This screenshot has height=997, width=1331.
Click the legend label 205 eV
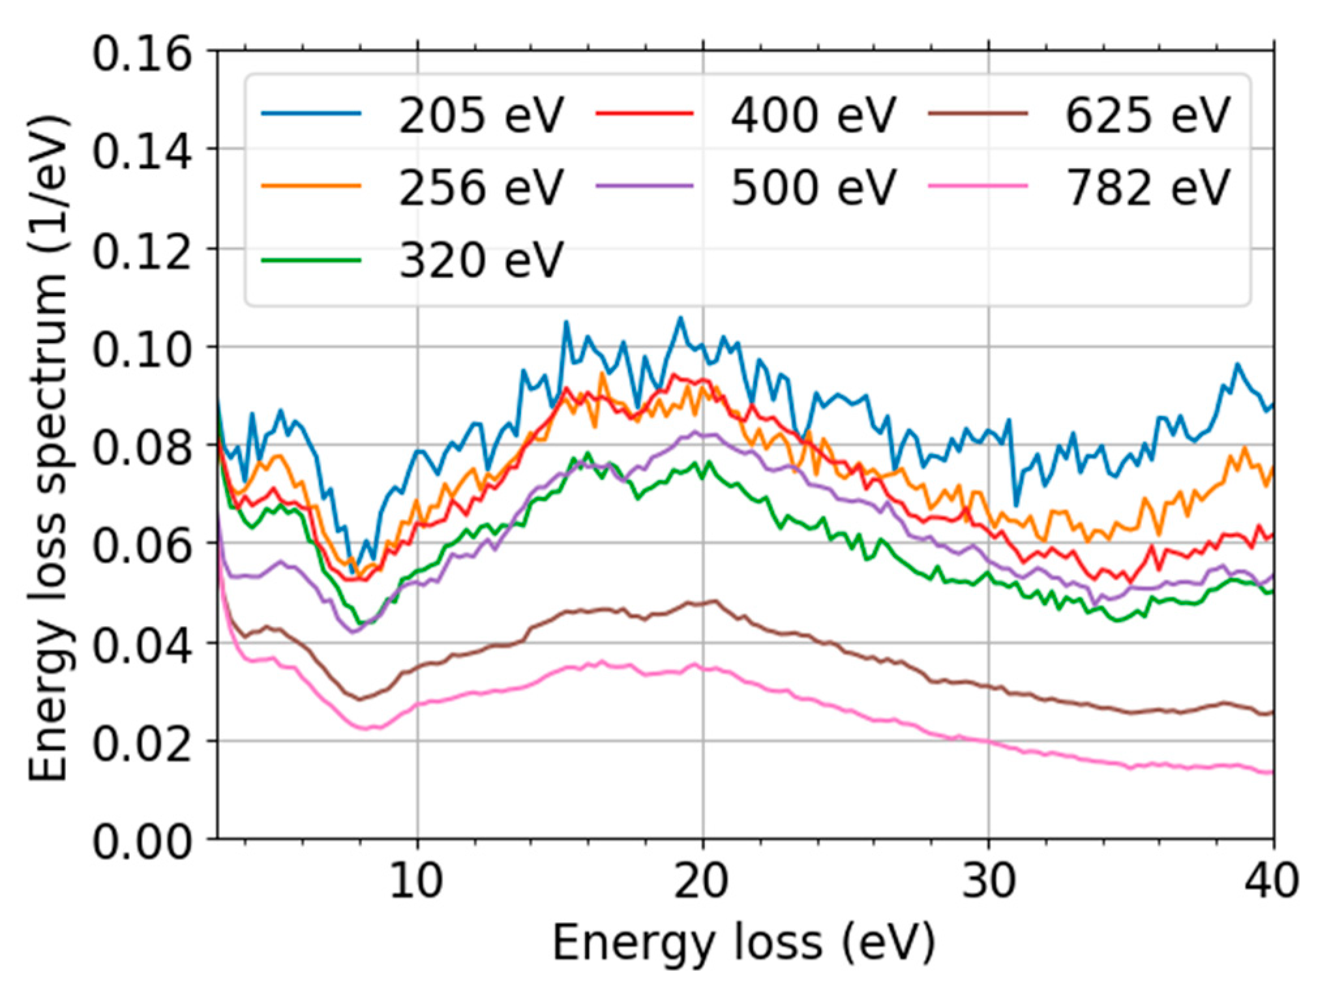[x=481, y=115]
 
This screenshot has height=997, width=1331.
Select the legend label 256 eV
[x=481, y=188]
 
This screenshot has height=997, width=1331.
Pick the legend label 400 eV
[x=813, y=115]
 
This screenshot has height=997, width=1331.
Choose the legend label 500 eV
[x=813, y=188]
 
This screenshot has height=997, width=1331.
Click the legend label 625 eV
[x=1147, y=115]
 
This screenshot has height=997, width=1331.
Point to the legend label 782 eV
[x=1147, y=188]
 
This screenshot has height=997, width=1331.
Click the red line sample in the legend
[x=645, y=113]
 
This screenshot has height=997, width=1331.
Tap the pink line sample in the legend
[x=978, y=186]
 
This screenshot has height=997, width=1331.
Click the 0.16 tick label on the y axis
[x=142, y=53]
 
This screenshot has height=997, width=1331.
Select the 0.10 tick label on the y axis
[x=142, y=350]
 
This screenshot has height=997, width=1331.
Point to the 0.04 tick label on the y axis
[x=142, y=646]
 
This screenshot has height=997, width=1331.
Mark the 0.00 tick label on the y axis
[x=142, y=842]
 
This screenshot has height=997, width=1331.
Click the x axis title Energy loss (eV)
[x=744, y=944]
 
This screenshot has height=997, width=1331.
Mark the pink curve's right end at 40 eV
[x=1272, y=773]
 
